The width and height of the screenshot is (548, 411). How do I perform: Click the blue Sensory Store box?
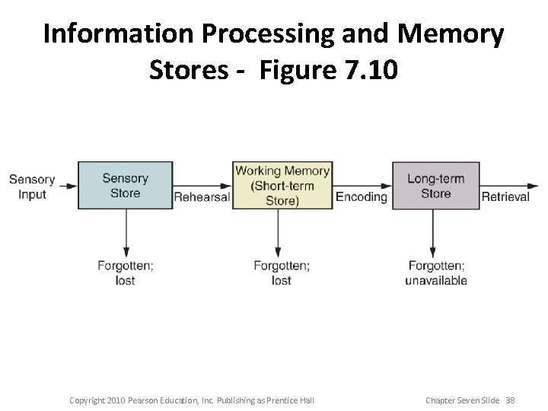(x=125, y=185)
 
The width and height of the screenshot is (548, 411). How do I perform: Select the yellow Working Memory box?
(x=282, y=185)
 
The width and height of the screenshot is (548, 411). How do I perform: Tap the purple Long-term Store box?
(x=435, y=185)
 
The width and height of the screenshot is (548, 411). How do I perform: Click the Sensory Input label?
(x=32, y=186)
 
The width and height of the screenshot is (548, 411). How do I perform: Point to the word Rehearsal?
(x=202, y=197)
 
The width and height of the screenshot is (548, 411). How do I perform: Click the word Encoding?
(x=362, y=197)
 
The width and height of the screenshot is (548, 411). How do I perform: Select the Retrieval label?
(x=505, y=197)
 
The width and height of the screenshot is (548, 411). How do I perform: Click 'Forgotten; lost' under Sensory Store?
(x=125, y=272)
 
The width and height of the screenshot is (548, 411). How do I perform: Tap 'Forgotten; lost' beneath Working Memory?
(x=281, y=272)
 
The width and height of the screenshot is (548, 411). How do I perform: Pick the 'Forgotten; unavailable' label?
(x=436, y=272)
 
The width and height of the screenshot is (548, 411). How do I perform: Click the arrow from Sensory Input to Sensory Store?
(x=67, y=185)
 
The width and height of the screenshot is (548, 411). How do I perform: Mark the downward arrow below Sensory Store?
(x=126, y=232)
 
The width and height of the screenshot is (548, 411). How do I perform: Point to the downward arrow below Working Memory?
(x=279, y=232)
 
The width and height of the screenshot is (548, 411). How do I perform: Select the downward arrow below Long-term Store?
(x=433, y=232)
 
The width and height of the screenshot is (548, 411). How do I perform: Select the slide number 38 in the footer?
(x=509, y=400)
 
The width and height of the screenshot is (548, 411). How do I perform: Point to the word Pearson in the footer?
(x=146, y=400)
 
